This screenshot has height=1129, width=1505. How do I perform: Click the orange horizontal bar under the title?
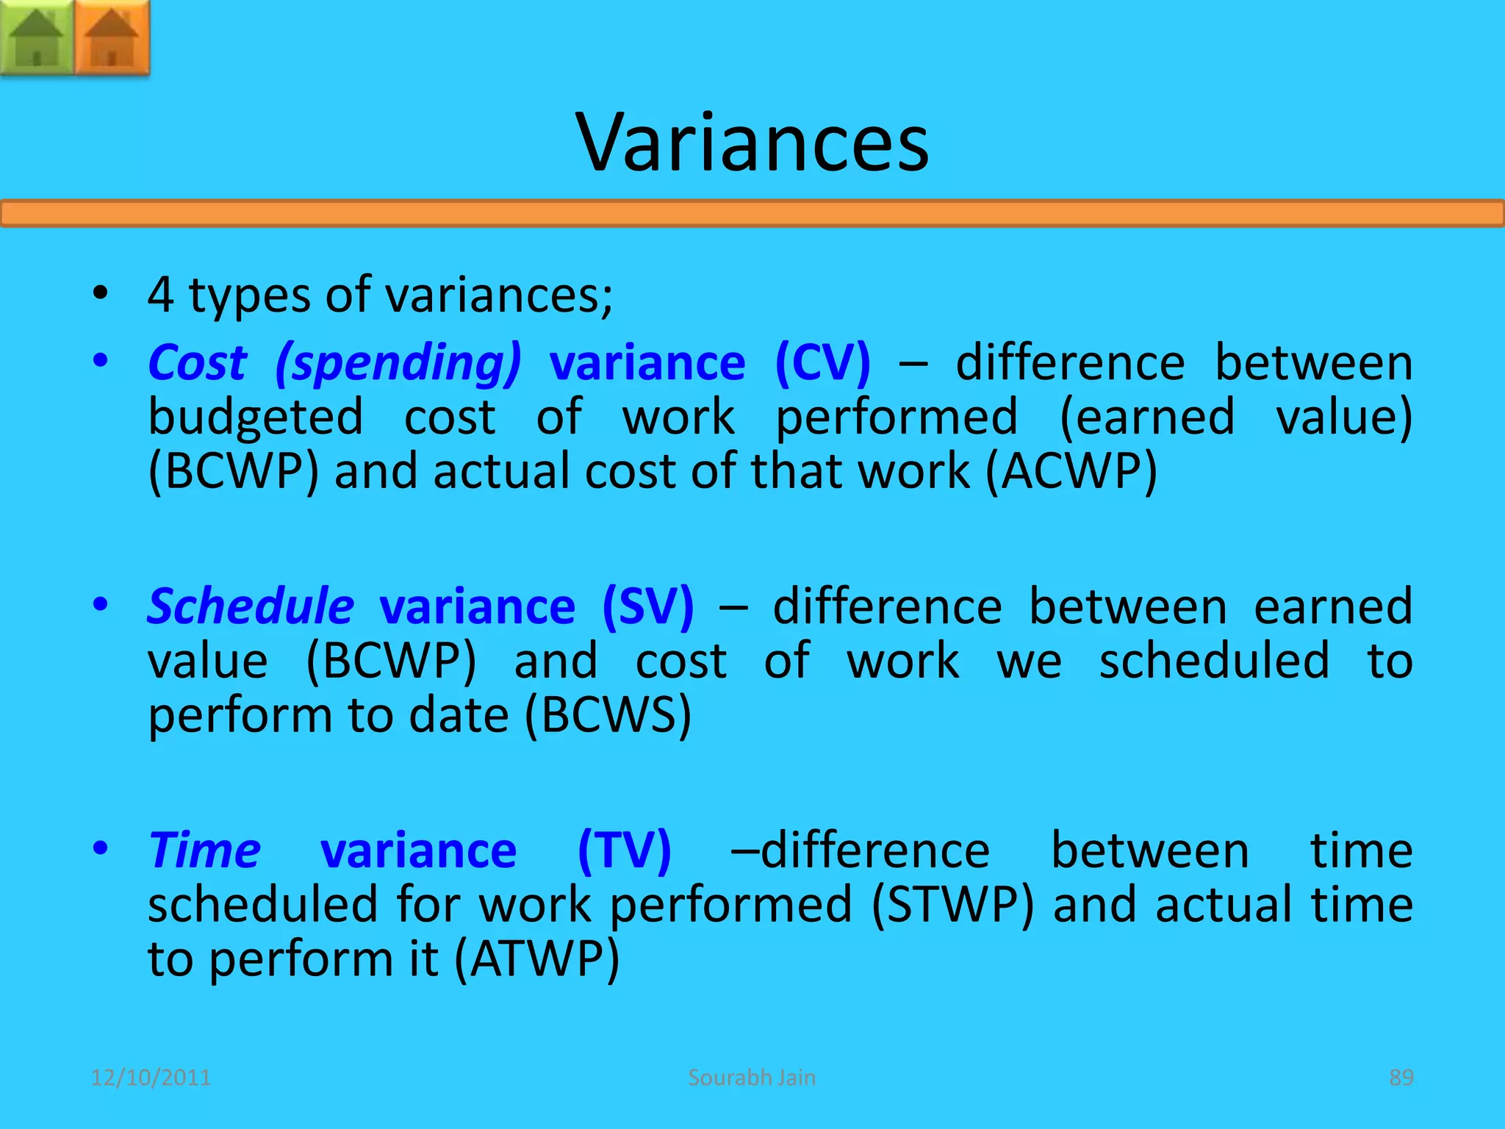pos(752,214)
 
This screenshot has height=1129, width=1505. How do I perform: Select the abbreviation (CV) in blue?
pos(822,363)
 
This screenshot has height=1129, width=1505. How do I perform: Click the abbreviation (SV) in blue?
pos(647,607)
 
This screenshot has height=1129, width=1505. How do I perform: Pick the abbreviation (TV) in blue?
pos(624,851)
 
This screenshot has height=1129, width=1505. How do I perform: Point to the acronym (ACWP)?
pos(1071,472)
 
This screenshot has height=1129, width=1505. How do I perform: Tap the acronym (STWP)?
pos(952,906)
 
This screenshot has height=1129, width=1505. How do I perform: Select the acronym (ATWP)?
pos(536,960)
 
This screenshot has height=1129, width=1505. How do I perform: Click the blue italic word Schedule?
pos(251,607)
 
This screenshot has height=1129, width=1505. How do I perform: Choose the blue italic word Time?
pos(204,851)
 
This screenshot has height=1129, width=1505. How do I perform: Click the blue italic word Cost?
pos(197,363)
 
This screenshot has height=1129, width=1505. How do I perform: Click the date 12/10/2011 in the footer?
pos(151,1078)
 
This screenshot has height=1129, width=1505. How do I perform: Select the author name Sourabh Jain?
pos(752,1078)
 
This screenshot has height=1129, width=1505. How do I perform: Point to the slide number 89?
pos(1401,1078)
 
